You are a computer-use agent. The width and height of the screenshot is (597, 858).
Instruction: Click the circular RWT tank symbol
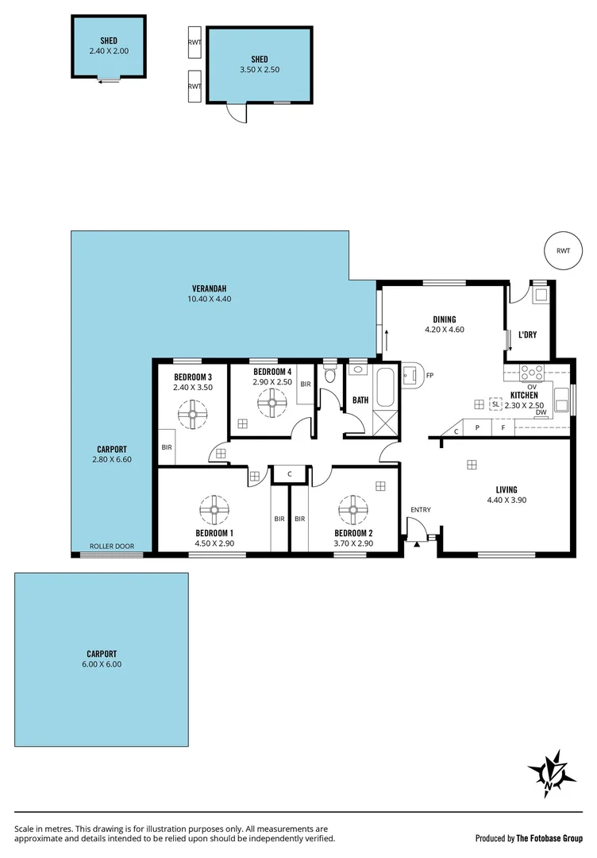point(563,250)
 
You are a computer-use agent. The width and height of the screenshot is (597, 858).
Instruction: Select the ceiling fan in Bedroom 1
point(214,508)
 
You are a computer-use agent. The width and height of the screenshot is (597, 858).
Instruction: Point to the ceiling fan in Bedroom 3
point(192,413)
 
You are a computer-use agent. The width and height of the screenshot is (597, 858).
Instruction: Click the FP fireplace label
point(429,376)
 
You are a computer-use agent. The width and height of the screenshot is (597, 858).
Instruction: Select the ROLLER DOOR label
point(111,547)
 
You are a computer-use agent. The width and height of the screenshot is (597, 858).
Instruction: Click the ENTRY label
point(420,509)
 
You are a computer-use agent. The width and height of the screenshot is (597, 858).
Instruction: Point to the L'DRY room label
point(527,334)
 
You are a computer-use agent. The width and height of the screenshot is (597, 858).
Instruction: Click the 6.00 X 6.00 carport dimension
point(102,664)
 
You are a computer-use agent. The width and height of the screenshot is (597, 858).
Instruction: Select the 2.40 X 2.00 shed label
point(109,50)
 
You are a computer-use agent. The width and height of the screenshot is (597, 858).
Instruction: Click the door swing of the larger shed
point(236,114)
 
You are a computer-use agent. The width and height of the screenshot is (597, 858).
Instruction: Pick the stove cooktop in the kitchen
point(531,371)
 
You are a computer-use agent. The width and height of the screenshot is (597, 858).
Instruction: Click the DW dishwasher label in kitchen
point(540,412)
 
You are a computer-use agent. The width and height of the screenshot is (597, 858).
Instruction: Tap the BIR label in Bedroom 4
point(305,385)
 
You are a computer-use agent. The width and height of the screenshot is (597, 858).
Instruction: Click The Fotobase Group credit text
point(549,838)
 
